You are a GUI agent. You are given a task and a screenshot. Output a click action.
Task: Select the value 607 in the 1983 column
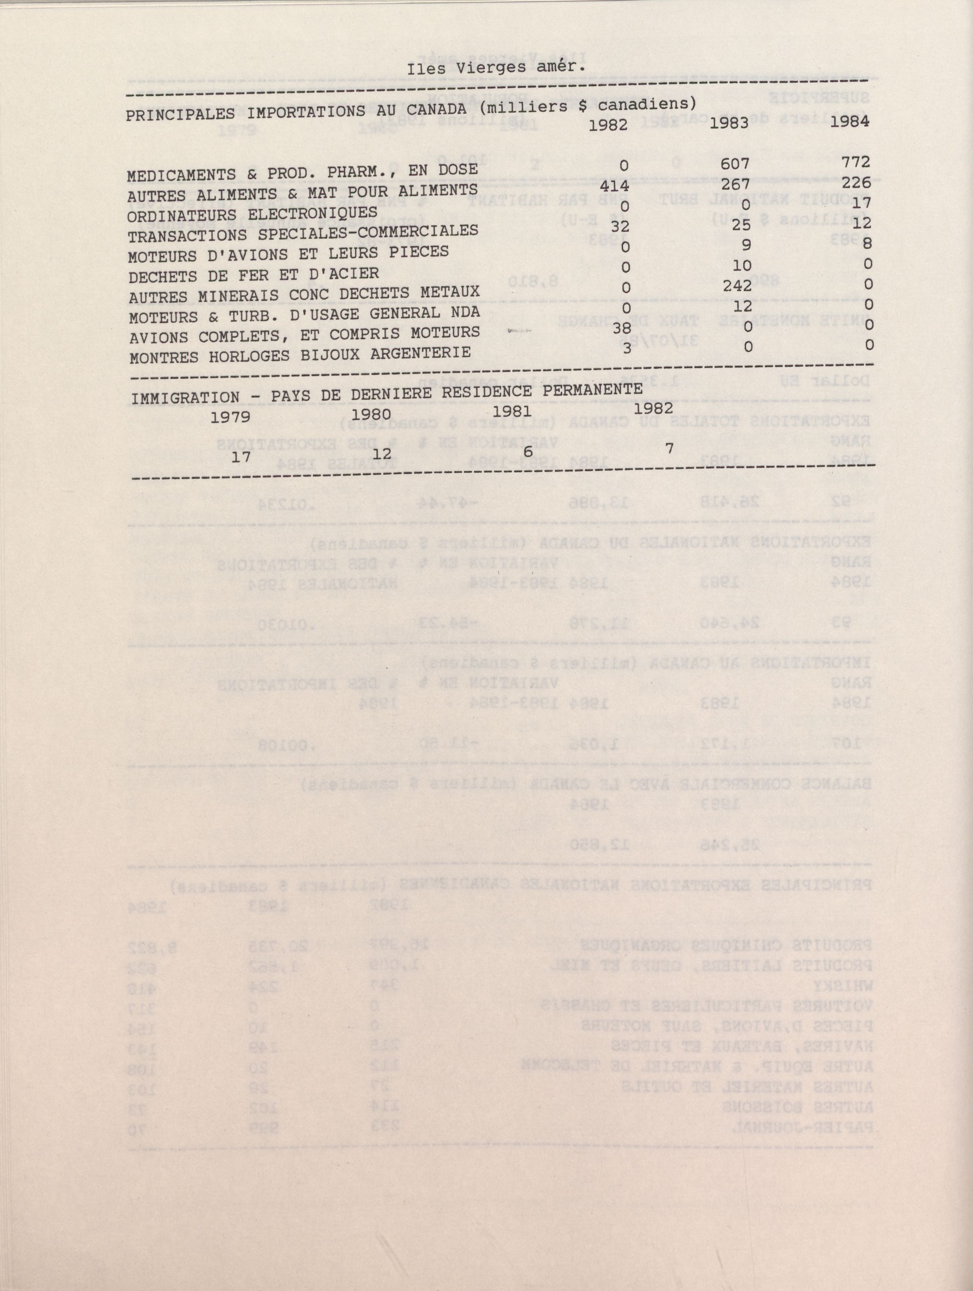point(734,165)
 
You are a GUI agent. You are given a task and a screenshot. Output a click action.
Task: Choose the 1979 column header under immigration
point(230,417)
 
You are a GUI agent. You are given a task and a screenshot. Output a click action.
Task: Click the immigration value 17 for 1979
point(240,457)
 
